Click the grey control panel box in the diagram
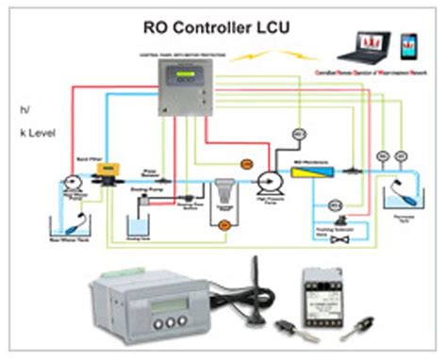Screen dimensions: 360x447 (185, 90)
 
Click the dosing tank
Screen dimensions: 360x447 (141, 228)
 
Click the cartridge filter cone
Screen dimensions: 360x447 (223, 192)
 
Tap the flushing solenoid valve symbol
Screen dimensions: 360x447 (329, 238)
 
